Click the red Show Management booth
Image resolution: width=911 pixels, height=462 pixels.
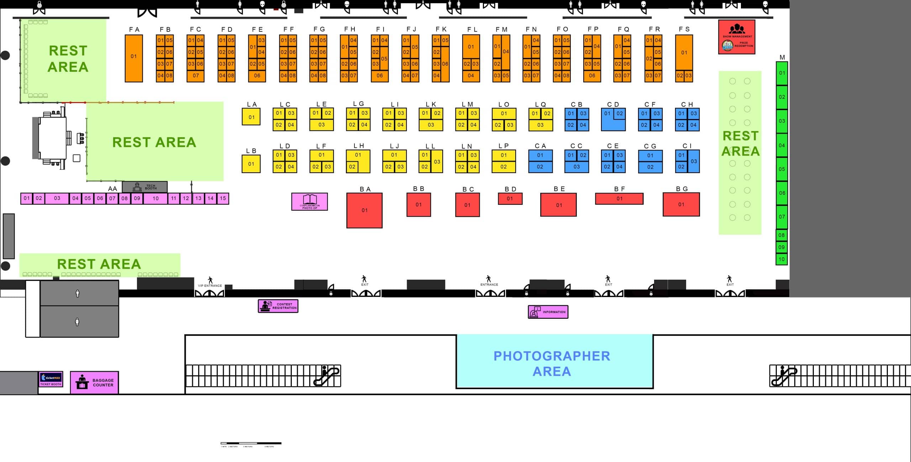[736, 37]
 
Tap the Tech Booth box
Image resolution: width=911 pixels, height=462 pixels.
[144, 187]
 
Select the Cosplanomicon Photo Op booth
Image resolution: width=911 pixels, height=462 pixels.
[309, 202]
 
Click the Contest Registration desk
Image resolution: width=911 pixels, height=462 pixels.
[278, 306]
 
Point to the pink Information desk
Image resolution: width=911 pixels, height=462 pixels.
[548, 312]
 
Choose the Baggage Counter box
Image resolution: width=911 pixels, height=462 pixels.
[94, 382]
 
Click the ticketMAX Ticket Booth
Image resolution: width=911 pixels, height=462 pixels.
[51, 379]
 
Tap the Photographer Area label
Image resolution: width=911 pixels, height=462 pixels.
[552, 363]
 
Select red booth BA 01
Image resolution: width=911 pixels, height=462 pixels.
[364, 210]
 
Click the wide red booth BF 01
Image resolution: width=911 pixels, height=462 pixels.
[619, 199]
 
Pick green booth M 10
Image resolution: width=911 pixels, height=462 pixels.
[781, 259]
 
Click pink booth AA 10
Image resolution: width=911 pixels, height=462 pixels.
[156, 198]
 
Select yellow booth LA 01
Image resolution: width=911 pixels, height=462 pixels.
[251, 117]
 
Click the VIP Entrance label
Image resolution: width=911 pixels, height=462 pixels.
[210, 285]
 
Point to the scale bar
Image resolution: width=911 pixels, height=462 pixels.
[251, 443]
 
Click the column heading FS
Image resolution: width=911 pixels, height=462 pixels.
[684, 29]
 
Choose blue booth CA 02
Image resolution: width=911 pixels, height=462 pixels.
[540, 167]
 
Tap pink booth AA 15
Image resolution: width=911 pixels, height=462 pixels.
[223, 198]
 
